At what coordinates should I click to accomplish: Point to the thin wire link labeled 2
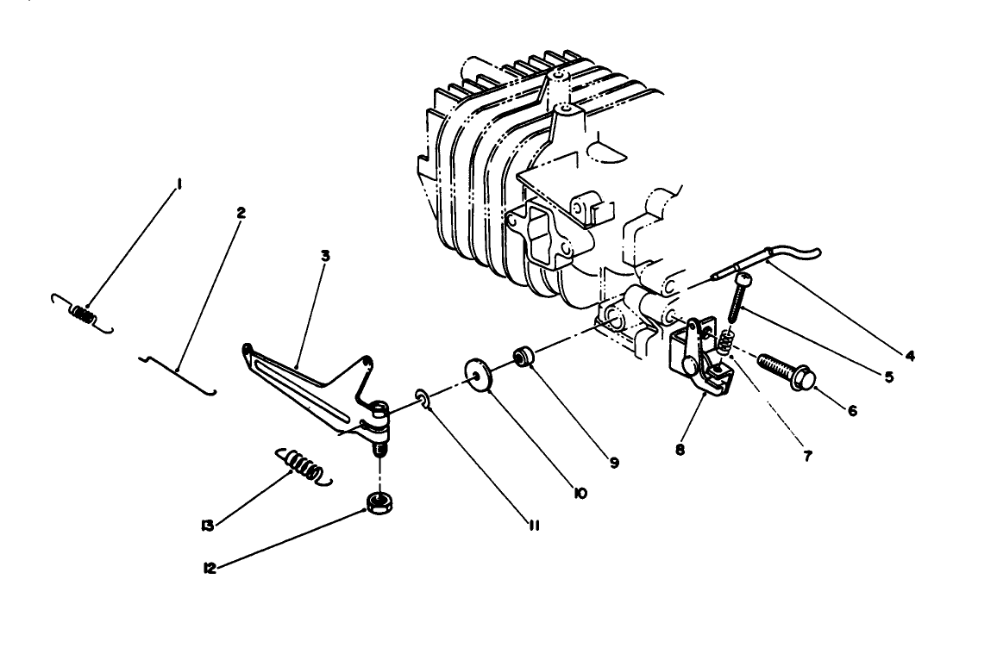pos(178,371)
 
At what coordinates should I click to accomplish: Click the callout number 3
pos(324,255)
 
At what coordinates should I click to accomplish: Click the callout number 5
pos(887,377)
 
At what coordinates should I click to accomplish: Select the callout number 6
pos(852,412)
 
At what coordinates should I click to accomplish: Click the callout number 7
pos(807,456)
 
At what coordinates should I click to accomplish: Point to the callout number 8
pos(680,449)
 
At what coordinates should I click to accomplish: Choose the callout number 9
pos(614,463)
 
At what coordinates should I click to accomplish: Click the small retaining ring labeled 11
pos(423,397)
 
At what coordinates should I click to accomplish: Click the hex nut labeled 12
pos(376,503)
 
